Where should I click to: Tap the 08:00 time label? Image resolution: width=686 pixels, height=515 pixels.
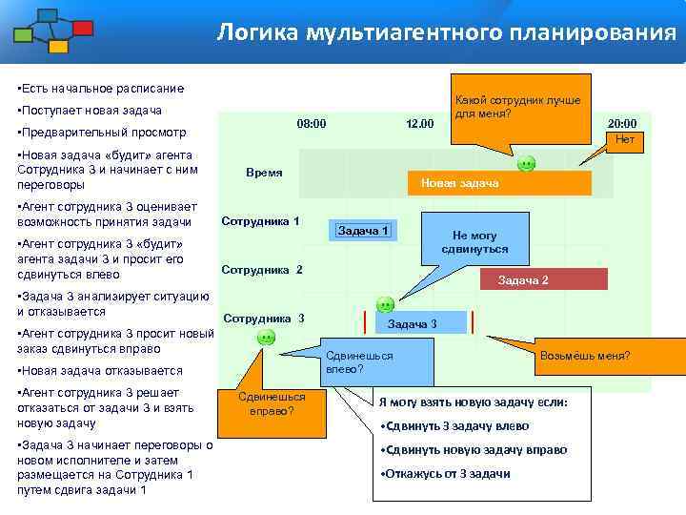coord(312,123)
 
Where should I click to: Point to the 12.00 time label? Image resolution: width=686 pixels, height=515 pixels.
coord(419,123)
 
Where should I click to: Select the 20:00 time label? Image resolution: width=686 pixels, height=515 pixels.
coord(622,123)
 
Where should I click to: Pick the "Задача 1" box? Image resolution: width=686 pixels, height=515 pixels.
coord(364,230)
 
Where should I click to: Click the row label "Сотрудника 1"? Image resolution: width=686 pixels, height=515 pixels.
coord(260,221)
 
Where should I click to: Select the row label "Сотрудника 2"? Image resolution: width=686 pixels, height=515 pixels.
coord(261,269)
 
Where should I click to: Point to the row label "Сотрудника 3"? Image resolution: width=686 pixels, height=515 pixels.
coord(263,318)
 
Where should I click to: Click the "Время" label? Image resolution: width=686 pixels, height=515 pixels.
coord(264,173)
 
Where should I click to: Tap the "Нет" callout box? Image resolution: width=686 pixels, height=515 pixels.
coord(625,139)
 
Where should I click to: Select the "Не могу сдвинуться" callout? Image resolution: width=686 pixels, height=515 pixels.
coord(474,242)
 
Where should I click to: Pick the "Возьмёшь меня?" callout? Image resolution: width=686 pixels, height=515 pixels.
coord(584,357)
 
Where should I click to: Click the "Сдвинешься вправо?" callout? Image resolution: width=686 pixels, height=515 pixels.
coord(272,404)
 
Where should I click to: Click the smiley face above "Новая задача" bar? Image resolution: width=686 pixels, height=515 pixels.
coord(525,164)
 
